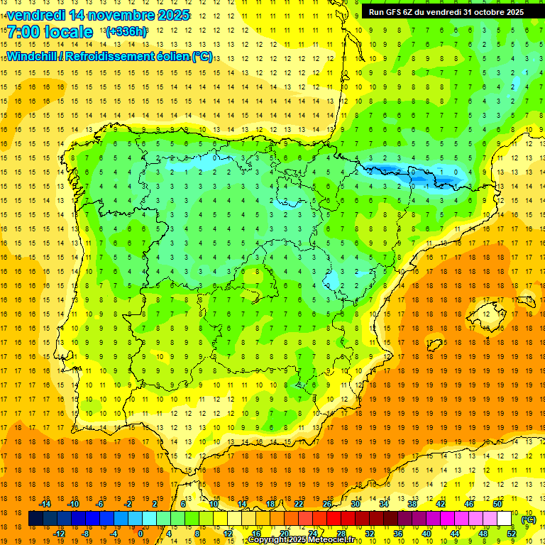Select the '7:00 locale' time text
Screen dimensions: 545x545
pyautogui.click(x=50, y=32)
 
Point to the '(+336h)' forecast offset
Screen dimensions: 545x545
pyautogui.click(x=126, y=32)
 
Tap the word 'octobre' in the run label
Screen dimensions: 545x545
pyautogui.click(x=485, y=12)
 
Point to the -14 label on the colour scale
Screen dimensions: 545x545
pyautogui.click(x=45, y=504)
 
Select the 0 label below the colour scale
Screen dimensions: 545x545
pyautogui.click(x=141, y=533)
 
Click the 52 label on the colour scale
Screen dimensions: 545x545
pyautogui.click(x=512, y=533)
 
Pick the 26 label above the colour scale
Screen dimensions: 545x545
pyautogui.click(x=326, y=504)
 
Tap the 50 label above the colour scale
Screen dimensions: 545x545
pyautogui.click(x=497, y=504)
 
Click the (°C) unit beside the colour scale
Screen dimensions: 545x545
pyautogui.click(x=529, y=519)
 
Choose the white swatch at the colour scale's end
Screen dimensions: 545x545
pyautogui.click(x=505, y=519)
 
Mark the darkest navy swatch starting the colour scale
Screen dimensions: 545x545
pyautogui.click(x=35, y=519)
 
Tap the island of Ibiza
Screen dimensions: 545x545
pyautogui.click(x=434, y=345)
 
